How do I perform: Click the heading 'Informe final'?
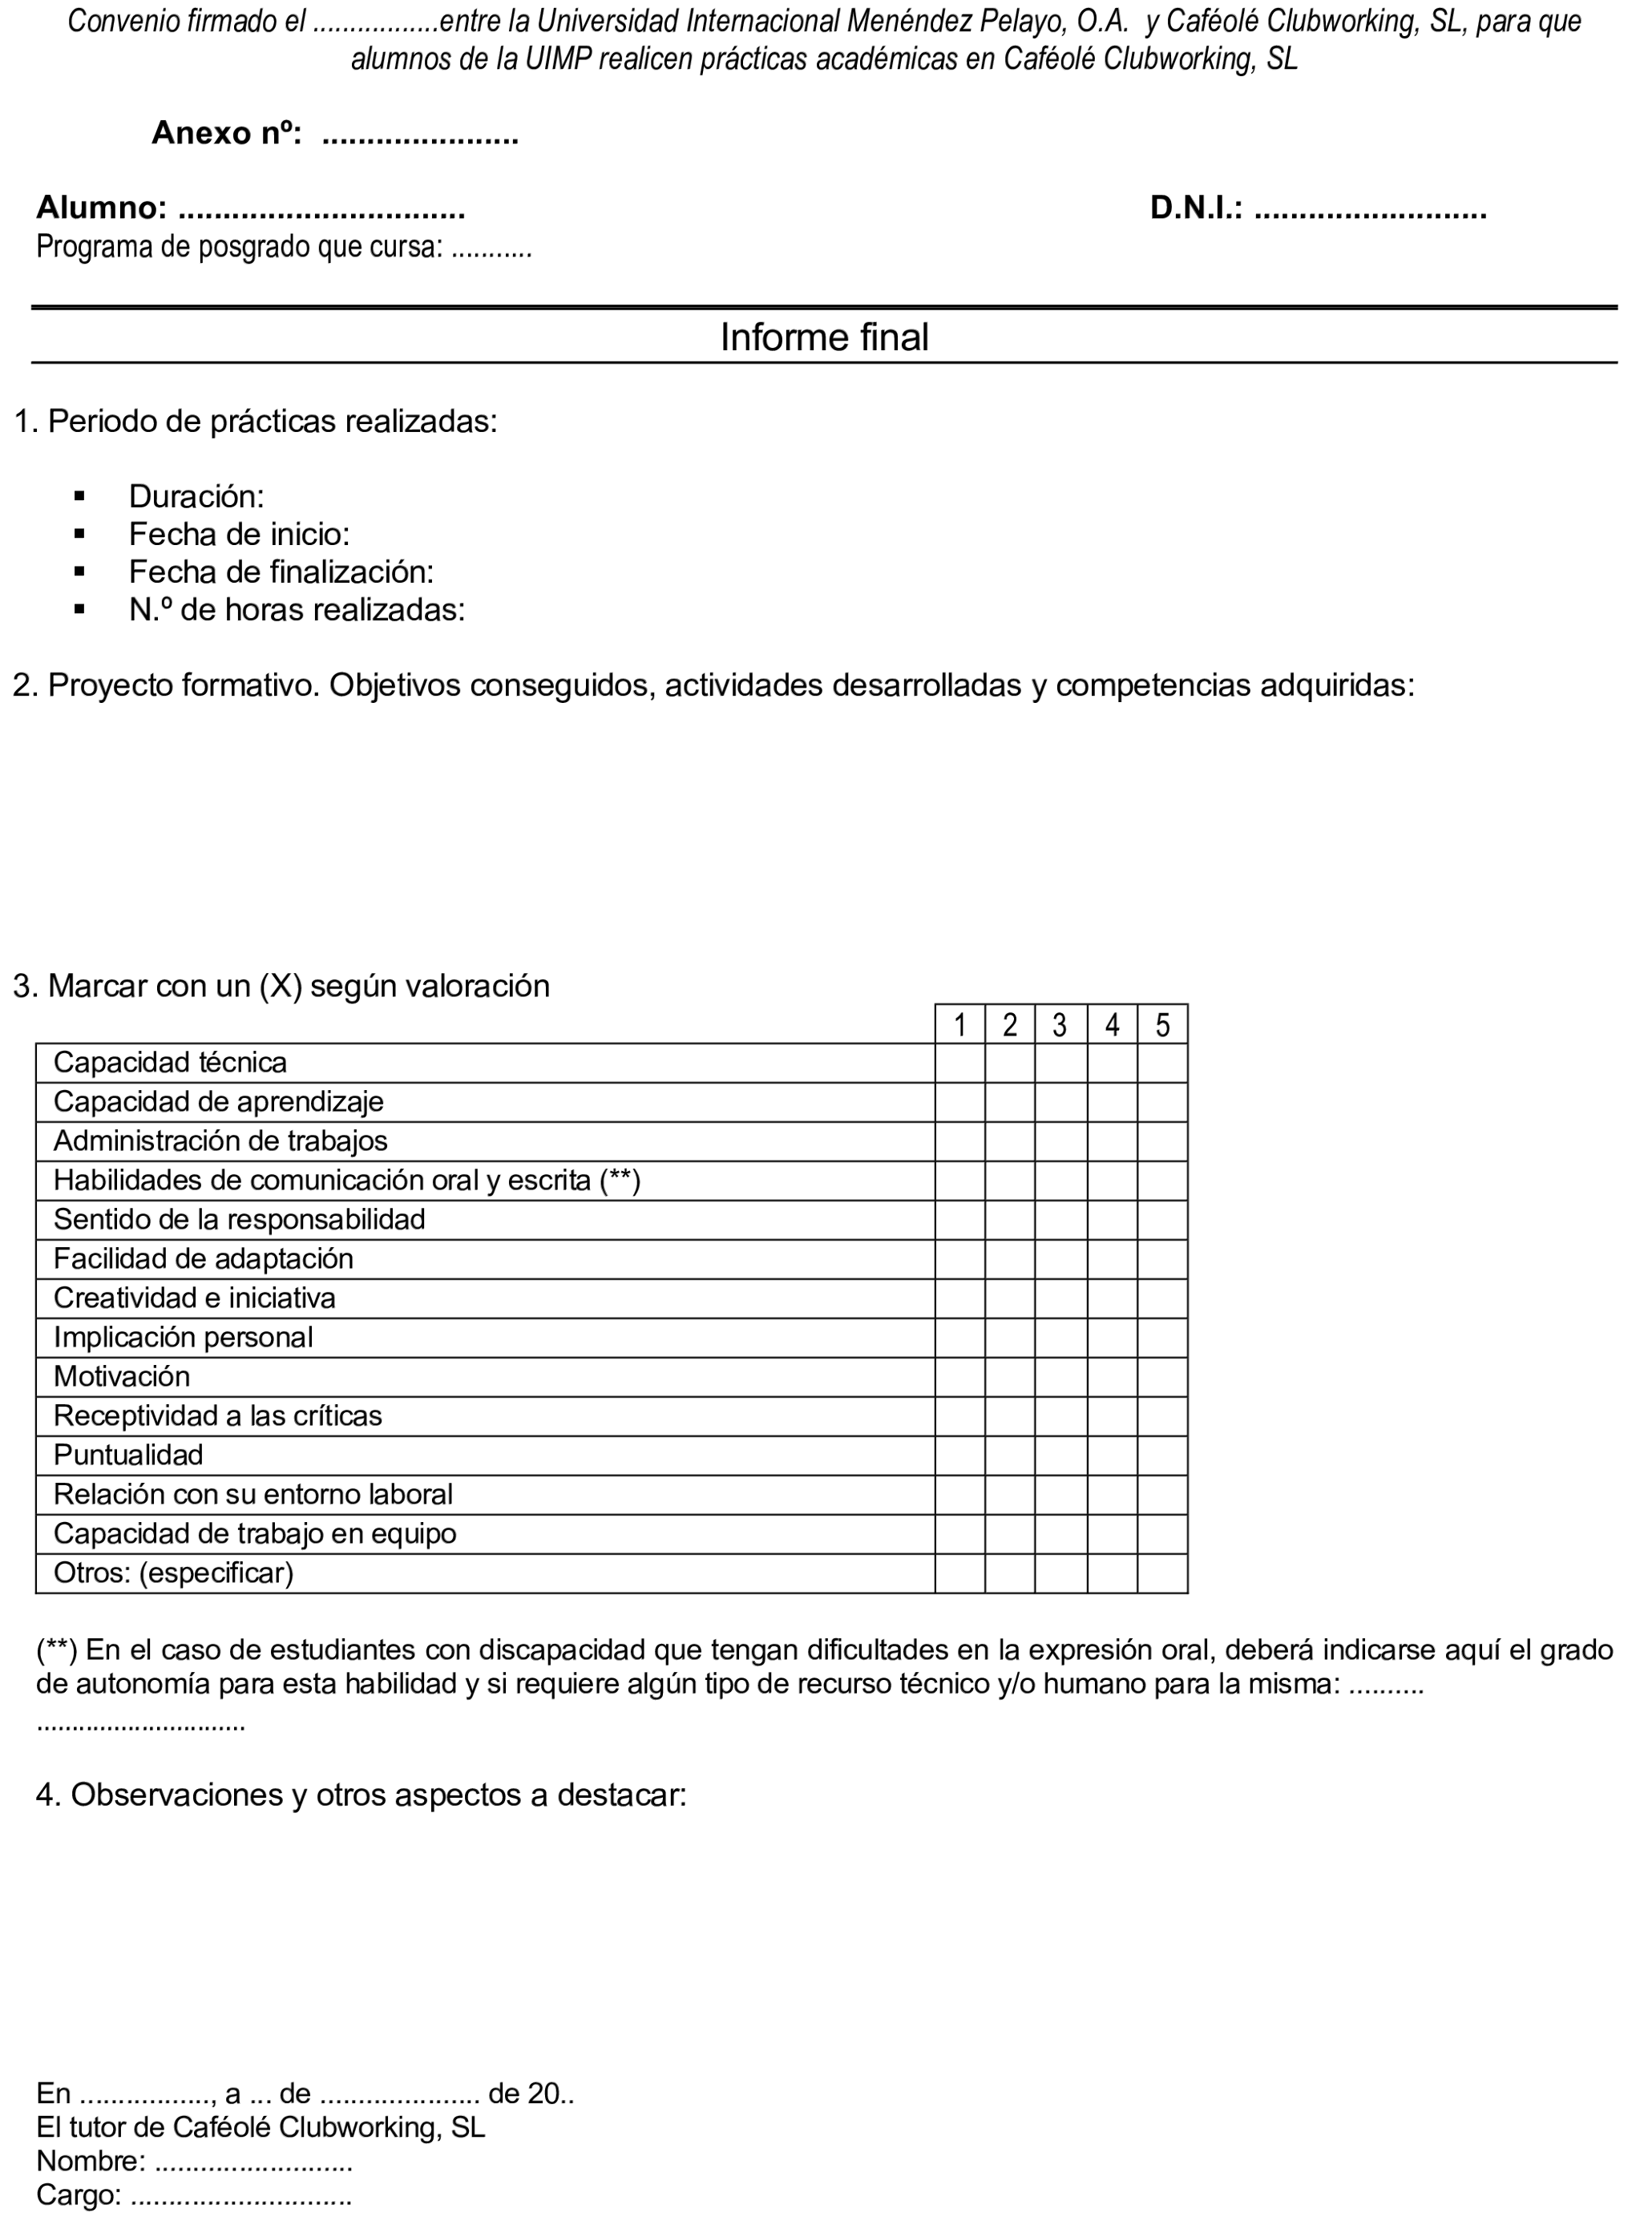click(824, 337)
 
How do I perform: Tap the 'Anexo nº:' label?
click(226, 133)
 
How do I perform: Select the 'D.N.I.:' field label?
click(1195, 208)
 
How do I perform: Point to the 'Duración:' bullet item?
click(196, 496)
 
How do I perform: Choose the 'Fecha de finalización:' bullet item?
click(281, 571)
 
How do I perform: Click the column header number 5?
click(1162, 1024)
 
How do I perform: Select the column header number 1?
click(960, 1024)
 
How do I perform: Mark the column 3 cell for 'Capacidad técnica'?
click(1060, 1063)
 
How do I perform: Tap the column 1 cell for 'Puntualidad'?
click(960, 1455)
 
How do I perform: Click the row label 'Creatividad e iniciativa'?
click(195, 1298)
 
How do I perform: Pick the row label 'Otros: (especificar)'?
click(174, 1573)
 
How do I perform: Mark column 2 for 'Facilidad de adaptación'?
click(1010, 1259)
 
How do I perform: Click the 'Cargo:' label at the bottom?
click(79, 2195)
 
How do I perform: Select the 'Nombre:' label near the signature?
click(91, 2161)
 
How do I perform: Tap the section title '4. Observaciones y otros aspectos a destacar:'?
click(362, 1795)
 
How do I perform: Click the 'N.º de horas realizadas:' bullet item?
click(297, 609)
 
